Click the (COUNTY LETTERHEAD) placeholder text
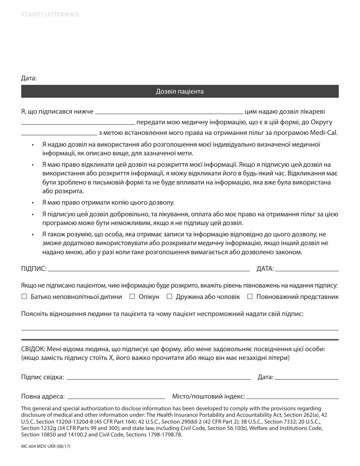[50, 14]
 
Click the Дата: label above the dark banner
[29, 78]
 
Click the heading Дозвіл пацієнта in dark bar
[180, 91]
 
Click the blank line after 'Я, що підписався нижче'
[169, 113]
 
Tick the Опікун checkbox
[132, 297]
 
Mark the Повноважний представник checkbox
[250, 297]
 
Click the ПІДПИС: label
[34, 269]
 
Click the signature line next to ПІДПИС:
[149, 270]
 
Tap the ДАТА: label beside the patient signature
[265, 269]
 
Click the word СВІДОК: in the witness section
[33, 348]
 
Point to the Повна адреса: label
[43, 397]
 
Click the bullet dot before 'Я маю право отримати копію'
[33, 203]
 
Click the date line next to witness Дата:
[306, 378]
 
